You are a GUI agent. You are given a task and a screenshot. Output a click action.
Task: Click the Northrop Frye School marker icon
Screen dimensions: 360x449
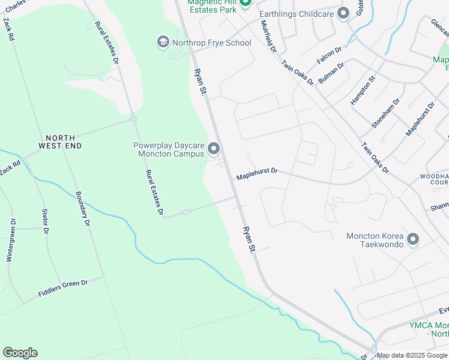click(163, 43)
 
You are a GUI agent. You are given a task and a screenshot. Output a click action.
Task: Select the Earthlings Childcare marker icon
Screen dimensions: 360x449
click(343, 13)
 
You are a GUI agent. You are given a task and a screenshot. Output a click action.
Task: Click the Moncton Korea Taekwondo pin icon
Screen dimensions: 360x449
click(412, 240)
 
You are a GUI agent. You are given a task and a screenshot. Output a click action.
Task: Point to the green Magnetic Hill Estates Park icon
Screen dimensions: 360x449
click(244, 4)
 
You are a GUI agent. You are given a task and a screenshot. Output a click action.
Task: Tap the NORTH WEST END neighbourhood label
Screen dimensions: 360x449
click(60, 142)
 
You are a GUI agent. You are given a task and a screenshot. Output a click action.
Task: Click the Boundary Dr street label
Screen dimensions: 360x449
click(82, 209)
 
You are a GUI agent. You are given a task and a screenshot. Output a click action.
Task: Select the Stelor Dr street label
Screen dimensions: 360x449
click(45, 221)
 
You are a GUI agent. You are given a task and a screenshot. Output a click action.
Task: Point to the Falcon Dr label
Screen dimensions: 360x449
click(329, 56)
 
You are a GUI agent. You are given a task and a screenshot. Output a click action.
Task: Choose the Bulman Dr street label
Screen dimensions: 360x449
click(331, 73)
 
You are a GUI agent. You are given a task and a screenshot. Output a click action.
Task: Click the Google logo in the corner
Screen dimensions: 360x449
click(20, 353)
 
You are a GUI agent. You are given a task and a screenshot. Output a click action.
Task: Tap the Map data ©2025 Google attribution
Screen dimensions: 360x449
click(412, 355)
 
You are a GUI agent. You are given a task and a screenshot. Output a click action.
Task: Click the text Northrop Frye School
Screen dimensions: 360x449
click(212, 43)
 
